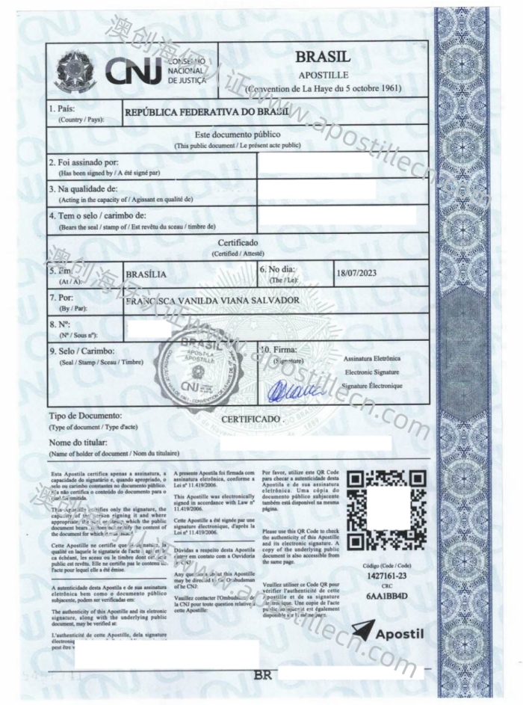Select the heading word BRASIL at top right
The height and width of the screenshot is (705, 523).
(x=323, y=57)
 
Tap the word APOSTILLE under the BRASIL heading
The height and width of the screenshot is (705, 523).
(x=323, y=75)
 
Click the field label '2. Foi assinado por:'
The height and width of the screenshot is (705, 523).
(x=83, y=162)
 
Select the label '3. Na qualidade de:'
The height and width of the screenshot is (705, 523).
(x=83, y=188)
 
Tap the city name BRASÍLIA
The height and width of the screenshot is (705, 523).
(x=146, y=274)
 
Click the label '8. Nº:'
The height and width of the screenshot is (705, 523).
(x=60, y=324)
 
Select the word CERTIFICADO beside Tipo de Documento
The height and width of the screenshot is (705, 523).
(x=250, y=419)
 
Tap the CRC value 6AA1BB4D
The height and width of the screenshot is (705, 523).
(x=386, y=598)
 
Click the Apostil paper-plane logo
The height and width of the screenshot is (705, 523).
(x=388, y=632)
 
